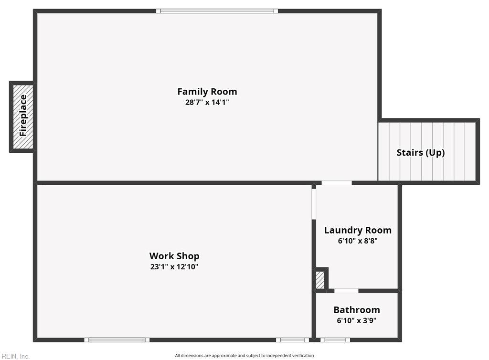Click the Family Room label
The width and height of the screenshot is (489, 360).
[207, 92]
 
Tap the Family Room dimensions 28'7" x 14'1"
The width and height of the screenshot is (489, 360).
[207, 102]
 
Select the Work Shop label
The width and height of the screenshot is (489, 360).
[174, 256]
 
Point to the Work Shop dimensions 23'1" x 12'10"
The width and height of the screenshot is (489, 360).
[174, 267]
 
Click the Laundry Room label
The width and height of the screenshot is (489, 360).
[358, 230]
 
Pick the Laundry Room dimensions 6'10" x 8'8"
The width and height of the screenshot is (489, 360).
[358, 241]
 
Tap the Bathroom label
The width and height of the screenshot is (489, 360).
[357, 310]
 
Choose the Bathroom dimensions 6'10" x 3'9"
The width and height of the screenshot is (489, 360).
[357, 321]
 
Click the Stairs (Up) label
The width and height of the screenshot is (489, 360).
[420, 153]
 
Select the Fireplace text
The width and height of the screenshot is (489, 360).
[23, 116]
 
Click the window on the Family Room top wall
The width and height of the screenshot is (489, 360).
[217, 11]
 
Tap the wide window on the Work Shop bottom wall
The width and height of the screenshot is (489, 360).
[117, 340]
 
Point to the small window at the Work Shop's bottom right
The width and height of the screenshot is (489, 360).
[293, 340]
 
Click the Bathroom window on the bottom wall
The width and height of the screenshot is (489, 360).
[335, 340]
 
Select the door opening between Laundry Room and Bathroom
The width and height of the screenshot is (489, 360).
[346, 291]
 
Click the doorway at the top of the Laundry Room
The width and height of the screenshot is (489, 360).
[337, 183]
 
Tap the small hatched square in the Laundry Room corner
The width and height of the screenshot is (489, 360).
[320, 280]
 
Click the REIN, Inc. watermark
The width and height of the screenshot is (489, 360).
[16, 356]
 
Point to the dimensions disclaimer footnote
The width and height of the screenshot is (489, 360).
[244, 356]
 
